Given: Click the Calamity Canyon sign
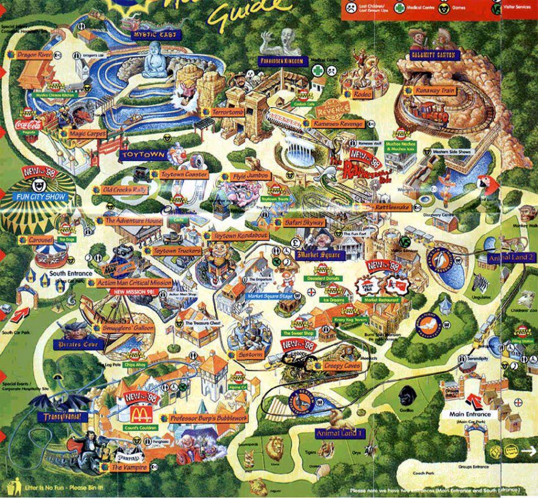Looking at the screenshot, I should click(433, 55).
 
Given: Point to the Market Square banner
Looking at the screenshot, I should click(320, 255).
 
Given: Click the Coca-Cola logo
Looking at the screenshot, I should click(29, 125).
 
